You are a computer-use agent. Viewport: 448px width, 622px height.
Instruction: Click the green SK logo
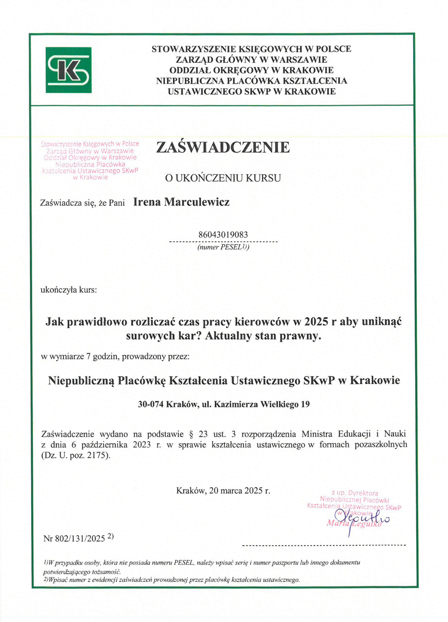point(68,70)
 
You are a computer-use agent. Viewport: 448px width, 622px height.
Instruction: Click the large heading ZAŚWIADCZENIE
point(223,147)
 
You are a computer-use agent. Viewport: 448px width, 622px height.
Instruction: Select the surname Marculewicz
point(197,202)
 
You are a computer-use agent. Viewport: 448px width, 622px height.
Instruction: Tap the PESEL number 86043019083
point(223,234)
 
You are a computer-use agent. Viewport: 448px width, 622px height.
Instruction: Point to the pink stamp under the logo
point(90,160)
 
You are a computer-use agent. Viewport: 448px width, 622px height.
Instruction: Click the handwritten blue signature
point(362,518)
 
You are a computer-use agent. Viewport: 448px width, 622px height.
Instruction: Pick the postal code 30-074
point(150,404)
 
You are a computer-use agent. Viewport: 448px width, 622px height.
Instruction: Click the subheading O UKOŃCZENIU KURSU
point(223,178)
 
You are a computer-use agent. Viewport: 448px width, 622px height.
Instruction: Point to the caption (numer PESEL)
point(223,247)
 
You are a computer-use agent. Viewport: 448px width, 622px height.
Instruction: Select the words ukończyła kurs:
point(69,290)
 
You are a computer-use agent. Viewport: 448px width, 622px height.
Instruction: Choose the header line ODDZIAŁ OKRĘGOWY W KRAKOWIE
point(251,70)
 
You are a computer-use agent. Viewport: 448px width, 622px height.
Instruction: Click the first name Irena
point(147,202)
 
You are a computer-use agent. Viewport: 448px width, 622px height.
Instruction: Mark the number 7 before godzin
point(88,356)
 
